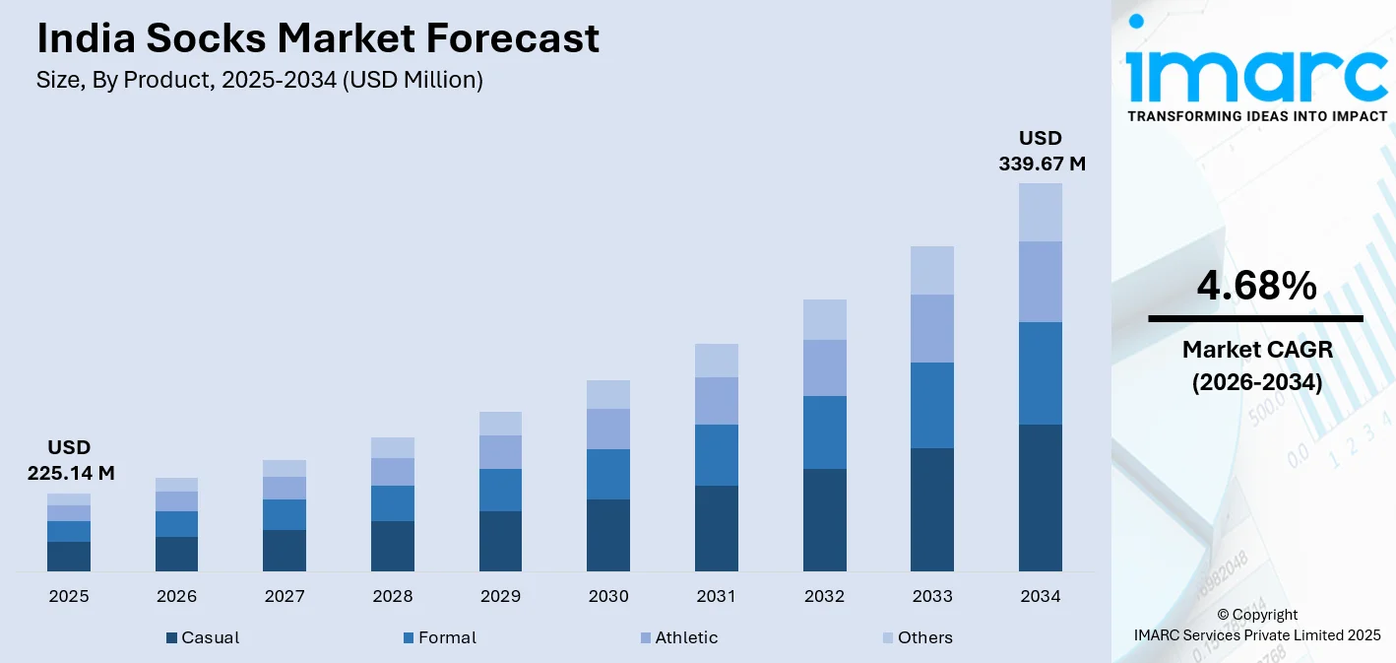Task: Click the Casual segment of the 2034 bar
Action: tap(1040, 497)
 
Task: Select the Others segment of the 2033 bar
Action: tap(931, 270)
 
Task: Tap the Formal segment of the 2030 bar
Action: tap(607, 474)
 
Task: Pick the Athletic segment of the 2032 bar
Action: tap(824, 367)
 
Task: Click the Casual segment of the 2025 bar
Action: tap(69, 556)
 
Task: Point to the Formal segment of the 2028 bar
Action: tap(392, 502)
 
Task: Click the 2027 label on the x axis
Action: tap(285, 596)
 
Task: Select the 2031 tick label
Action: tap(716, 596)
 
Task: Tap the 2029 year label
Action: tap(500, 596)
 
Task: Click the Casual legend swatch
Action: tap(172, 638)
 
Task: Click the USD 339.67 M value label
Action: tap(1042, 151)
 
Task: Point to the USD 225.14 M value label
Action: tap(70, 460)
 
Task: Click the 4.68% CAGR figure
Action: tap(1256, 286)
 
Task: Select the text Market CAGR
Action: tap(1256, 349)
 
